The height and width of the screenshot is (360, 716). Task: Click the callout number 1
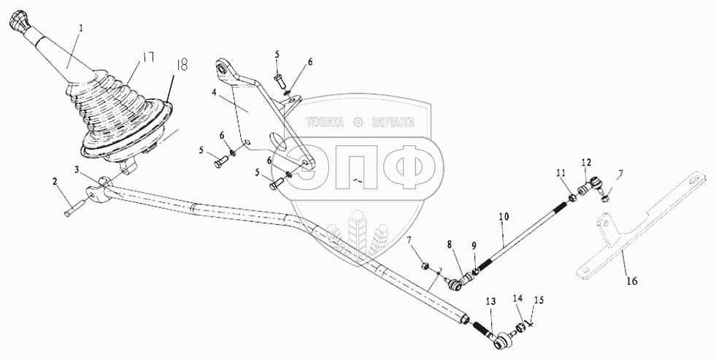tap(80, 28)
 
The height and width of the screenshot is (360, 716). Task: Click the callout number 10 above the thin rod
tap(503, 218)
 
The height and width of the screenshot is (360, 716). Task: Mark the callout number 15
tap(540, 299)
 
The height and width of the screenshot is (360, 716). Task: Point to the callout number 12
tap(586, 162)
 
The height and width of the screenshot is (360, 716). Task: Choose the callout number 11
tap(561, 173)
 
